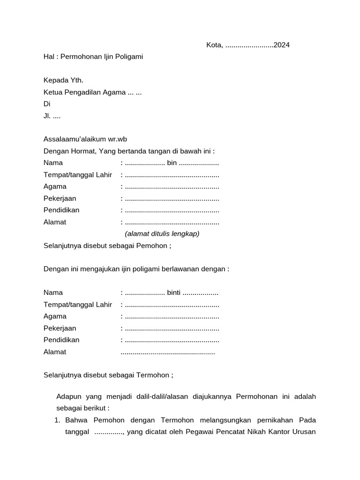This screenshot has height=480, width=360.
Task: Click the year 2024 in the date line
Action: pyautogui.click(x=281, y=45)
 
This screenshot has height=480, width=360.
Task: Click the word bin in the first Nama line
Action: pyautogui.click(x=172, y=163)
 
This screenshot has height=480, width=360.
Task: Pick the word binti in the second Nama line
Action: pyautogui.click(x=174, y=293)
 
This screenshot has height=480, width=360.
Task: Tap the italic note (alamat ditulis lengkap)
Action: pyautogui.click(x=162, y=233)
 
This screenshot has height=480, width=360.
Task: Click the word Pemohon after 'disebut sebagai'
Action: pyautogui.click(x=151, y=245)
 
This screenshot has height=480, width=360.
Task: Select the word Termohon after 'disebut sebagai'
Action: pyautogui.click(x=153, y=375)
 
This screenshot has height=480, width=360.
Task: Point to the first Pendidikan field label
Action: pyautogui.click(x=61, y=210)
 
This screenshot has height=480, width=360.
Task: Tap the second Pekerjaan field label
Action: pyautogui.click(x=60, y=328)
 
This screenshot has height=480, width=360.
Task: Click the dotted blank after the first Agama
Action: pyautogui.click(x=172, y=187)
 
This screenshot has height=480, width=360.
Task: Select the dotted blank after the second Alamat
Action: pyautogui.click(x=168, y=352)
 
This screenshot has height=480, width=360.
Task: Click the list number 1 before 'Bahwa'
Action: pyautogui.click(x=58, y=420)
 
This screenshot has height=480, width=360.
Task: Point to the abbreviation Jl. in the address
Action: pyautogui.click(x=47, y=116)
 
